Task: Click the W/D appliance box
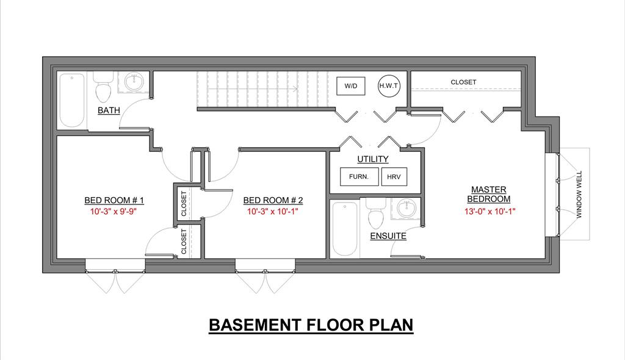(x=351, y=86)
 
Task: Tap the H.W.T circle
(x=389, y=85)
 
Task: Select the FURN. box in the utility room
(x=359, y=176)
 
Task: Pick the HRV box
(x=394, y=176)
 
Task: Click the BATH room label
(x=109, y=110)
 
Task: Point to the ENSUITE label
(x=388, y=236)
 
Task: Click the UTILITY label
(x=373, y=159)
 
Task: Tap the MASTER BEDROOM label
(x=489, y=194)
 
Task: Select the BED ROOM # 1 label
(x=114, y=200)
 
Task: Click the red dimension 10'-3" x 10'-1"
(x=273, y=211)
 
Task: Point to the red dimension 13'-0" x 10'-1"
(x=490, y=211)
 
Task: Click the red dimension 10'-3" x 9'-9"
(x=114, y=211)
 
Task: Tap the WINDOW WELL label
(x=579, y=194)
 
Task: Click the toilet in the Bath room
(x=103, y=87)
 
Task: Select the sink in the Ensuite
(x=406, y=208)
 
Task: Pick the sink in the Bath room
(x=134, y=82)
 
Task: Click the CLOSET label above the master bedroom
(x=463, y=82)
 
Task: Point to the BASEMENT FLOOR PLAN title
(x=311, y=325)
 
